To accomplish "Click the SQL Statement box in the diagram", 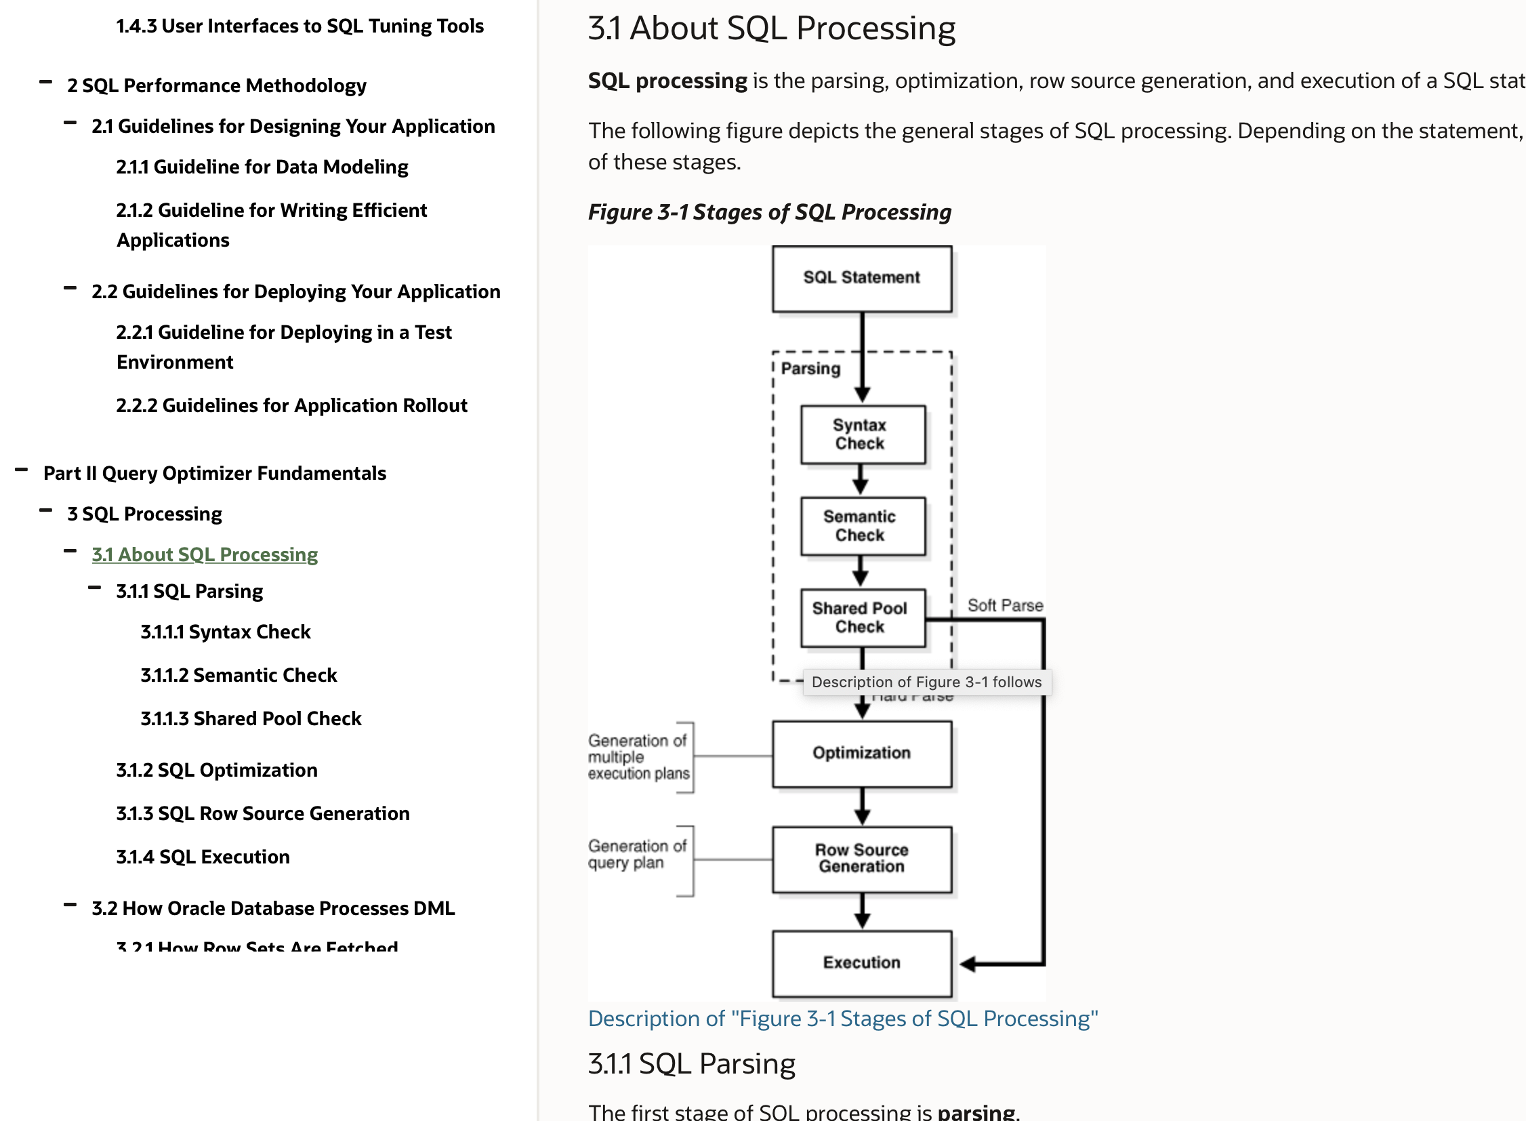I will click(x=861, y=278).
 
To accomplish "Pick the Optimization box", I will click(x=861, y=753).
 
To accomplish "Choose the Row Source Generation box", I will click(x=861, y=859).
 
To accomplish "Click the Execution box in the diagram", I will click(x=861, y=963).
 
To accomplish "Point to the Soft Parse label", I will click(x=1005, y=605).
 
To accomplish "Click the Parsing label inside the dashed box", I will click(x=810, y=369).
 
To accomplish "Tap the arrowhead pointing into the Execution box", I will click(x=968, y=964).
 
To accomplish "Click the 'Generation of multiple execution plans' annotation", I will click(x=638, y=756).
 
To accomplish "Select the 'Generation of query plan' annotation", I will click(x=636, y=855).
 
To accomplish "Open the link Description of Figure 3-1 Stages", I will click(x=842, y=1019).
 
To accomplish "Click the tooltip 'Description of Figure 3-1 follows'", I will click(x=926, y=682).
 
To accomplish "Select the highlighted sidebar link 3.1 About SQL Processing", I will click(x=204, y=554).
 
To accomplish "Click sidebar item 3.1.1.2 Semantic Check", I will click(x=238, y=675).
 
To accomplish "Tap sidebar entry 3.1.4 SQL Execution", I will click(x=203, y=857).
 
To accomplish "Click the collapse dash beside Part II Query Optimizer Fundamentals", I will click(x=21, y=470).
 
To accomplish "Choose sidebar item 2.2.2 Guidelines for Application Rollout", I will click(x=292, y=406).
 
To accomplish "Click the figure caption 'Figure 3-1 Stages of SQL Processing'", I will click(x=769, y=212).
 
